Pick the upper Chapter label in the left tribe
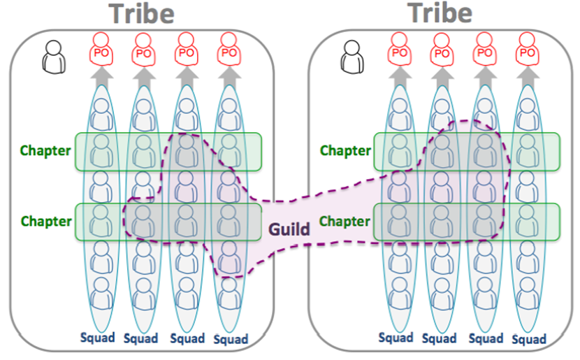click(46, 150)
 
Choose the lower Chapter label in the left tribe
click(46, 222)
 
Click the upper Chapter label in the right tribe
click(345, 150)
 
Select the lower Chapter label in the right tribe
click(345, 222)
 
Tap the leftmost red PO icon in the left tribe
click(102, 52)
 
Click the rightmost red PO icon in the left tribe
click(227, 52)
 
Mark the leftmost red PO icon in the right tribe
click(400, 52)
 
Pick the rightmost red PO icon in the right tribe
click(526, 52)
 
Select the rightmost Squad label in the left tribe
click(231, 340)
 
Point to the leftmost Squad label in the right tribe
click(396, 338)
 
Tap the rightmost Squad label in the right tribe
click(528, 340)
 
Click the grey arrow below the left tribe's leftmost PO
click(102, 76)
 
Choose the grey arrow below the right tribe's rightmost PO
click(526, 76)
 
